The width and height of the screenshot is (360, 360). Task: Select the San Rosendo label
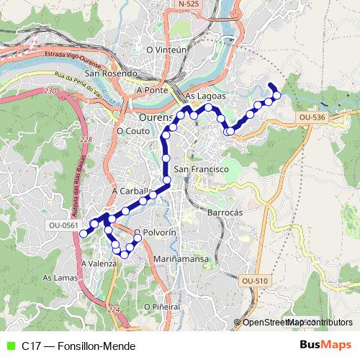point(110,73)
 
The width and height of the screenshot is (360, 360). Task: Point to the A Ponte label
point(153,91)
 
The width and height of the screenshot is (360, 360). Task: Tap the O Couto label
point(132,131)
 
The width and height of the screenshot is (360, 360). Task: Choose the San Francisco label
point(202,168)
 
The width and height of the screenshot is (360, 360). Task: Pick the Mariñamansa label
point(181,258)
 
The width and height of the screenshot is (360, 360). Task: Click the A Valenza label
point(99,264)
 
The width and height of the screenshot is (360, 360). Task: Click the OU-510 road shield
point(254,280)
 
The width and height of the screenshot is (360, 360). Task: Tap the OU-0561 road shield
point(63,225)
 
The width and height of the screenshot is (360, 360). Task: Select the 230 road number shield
point(49,91)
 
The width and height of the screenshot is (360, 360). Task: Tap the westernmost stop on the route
point(84,233)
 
